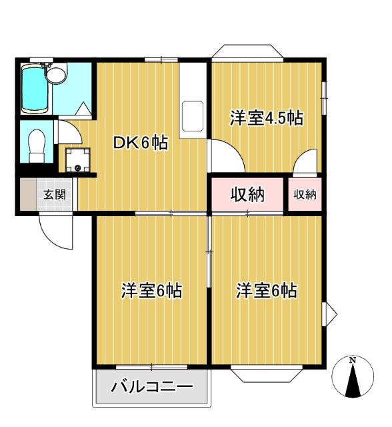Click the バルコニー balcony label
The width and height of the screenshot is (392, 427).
[151, 387]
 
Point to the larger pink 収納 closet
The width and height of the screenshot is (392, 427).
[248, 194]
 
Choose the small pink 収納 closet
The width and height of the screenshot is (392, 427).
[305, 194]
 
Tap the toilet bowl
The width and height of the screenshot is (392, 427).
[37, 142]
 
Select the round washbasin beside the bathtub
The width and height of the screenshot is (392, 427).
[57, 75]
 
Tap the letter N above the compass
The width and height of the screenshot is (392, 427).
[353, 361]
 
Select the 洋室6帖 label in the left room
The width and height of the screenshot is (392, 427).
[151, 292]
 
